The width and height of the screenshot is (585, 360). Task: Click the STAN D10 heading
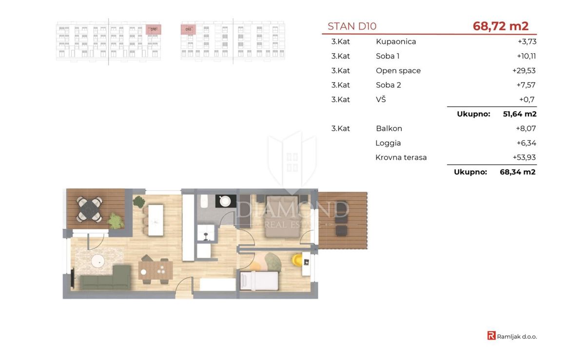click(x=352, y=26)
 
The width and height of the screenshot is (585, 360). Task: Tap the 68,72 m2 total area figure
click(x=501, y=26)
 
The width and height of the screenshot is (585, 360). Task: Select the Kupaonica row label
click(x=396, y=41)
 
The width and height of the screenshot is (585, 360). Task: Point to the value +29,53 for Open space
click(x=524, y=71)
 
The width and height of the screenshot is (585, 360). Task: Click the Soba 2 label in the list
click(x=389, y=85)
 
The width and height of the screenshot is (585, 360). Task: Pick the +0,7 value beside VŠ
click(x=527, y=99)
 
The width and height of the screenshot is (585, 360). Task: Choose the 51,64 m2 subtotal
click(x=520, y=114)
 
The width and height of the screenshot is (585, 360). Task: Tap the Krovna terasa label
click(x=401, y=157)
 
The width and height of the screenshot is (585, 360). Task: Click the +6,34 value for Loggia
click(x=526, y=143)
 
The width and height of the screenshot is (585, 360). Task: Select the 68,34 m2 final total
click(x=518, y=172)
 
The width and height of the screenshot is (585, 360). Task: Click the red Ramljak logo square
click(x=491, y=336)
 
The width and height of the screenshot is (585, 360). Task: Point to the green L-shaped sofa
click(x=105, y=278)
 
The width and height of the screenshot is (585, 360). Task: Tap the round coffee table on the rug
click(x=98, y=261)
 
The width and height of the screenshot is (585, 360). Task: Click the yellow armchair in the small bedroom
click(x=297, y=260)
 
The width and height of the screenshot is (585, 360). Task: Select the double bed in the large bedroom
click(x=282, y=217)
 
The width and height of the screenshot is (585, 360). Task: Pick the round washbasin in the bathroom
click(x=225, y=201)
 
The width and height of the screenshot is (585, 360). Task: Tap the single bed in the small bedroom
click(x=259, y=281)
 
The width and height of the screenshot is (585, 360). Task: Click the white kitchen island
click(x=156, y=220)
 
